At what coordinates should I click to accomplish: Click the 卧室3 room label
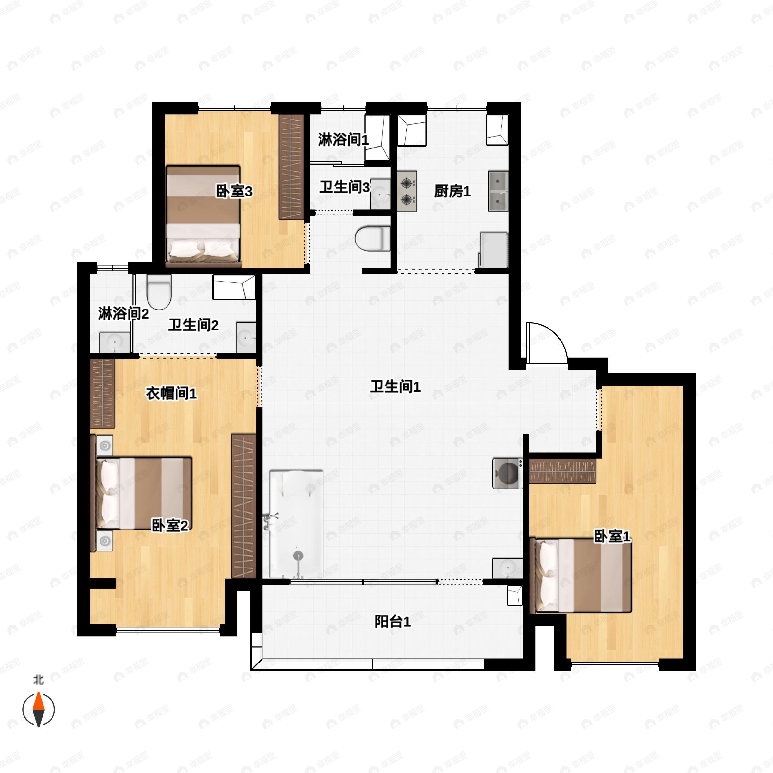(x=234, y=191)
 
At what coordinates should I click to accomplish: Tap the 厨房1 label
(x=452, y=191)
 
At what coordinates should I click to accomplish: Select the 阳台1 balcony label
(x=393, y=621)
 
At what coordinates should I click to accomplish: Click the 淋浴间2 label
(x=123, y=313)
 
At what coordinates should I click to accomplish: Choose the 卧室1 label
(x=612, y=536)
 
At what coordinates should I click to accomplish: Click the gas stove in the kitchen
(x=407, y=191)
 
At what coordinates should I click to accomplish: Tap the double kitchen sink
(x=498, y=191)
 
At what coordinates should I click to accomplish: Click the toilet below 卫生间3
(x=372, y=238)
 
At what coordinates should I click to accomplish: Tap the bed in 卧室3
(x=203, y=216)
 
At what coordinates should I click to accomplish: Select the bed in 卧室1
(x=580, y=575)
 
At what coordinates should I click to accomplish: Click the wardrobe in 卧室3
(x=291, y=167)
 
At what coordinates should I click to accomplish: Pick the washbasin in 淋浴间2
(x=115, y=342)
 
